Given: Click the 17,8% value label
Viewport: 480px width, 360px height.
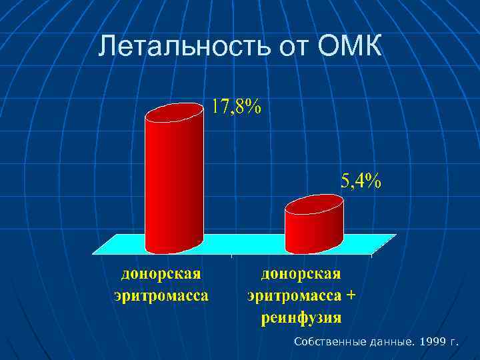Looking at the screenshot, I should click(237, 107).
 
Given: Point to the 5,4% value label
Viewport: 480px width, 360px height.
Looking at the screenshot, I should click(361, 181).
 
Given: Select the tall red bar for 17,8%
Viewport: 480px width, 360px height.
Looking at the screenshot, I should click(174, 187).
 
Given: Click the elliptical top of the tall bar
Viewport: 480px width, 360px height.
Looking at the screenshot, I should click(174, 114).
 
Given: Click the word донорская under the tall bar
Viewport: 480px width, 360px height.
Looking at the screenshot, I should click(161, 274).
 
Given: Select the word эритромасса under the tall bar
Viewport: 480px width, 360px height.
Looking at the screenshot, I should click(161, 294).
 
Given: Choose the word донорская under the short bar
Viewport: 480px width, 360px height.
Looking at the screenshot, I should click(301, 274).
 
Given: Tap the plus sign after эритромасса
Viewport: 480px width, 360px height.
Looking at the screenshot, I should click(351, 294).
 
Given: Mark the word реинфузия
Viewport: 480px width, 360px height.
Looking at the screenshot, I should click(301, 317).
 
